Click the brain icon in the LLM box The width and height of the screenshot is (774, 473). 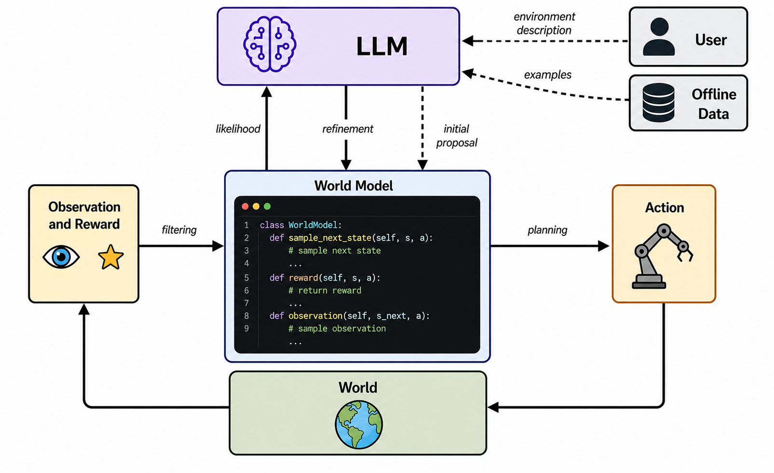coord(270,44)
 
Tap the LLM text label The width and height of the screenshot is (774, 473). coord(382,46)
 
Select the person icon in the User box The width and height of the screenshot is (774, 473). coord(659,37)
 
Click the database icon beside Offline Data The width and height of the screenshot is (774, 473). coord(658,103)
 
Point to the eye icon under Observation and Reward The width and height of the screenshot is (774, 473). coord(61,257)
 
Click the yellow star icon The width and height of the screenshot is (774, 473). coord(111,257)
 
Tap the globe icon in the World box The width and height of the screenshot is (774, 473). coord(359,424)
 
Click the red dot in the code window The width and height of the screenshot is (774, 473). coord(245,206)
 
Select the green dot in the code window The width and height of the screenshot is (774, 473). coord(267,206)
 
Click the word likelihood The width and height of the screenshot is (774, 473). coord(238,129)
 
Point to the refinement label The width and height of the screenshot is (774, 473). coord(347,129)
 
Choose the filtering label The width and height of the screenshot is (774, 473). coord(179,230)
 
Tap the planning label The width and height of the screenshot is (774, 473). coord(547,230)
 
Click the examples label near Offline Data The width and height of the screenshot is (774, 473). coord(548,75)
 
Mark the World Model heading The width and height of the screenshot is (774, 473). coord(354,186)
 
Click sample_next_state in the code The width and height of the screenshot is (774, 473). coord(330,238)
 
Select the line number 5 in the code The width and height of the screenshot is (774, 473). coord(247,278)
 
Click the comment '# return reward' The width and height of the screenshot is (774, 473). coord(325,290)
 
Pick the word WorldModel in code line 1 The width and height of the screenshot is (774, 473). coord(313,225)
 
